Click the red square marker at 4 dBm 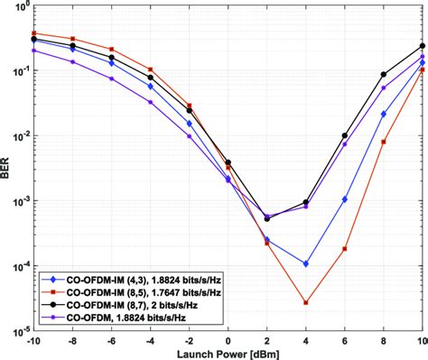[x=306, y=303]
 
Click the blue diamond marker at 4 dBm [x=306, y=264]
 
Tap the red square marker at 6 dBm [x=345, y=249]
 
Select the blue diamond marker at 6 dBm [x=345, y=200]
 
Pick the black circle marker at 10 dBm [x=422, y=46]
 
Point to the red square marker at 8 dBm [x=384, y=142]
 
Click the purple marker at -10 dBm [x=34, y=51]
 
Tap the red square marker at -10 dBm [x=34, y=33]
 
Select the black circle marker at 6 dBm [x=345, y=136]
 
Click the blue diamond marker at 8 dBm [x=384, y=115]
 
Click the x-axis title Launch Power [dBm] [x=228, y=353]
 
